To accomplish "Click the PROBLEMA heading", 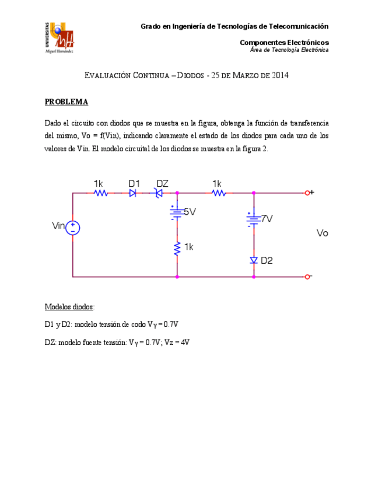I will point(66,102).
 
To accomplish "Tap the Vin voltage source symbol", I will point(72,227).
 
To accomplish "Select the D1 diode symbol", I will point(133,193).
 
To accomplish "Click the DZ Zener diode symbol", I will point(157,193).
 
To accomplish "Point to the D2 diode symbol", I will point(254,260).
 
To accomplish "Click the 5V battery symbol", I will point(176,213).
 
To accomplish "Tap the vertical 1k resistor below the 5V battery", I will point(176,248).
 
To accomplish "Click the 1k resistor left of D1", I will point(101,193).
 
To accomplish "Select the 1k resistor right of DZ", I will point(218,193).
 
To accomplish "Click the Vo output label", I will point(322,233).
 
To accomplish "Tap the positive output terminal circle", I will point(307,193).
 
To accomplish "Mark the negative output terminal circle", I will point(307,276).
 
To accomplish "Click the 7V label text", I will point(267,219).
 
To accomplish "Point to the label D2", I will point(267,260).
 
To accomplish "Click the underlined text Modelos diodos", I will point(69,307).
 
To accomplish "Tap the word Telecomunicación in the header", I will point(297,26).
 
